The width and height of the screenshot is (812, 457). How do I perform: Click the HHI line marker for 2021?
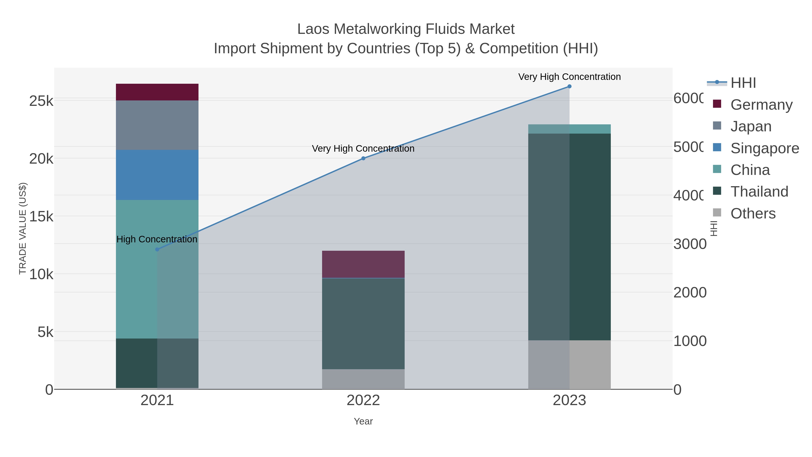click(157, 249)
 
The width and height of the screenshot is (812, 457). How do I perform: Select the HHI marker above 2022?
click(363, 158)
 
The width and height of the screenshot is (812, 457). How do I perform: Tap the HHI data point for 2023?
click(569, 86)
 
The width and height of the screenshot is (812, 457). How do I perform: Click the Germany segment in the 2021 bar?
click(157, 92)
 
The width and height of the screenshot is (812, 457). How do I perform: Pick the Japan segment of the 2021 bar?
click(157, 125)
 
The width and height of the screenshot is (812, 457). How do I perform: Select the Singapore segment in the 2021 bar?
click(157, 175)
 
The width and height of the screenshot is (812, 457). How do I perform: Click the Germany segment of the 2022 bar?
click(363, 264)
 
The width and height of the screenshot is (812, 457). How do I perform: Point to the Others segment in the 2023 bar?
click(569, 365)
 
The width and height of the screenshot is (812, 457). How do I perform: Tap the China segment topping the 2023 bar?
click(569, 129)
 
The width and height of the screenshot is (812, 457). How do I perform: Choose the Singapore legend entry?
click(764, 148)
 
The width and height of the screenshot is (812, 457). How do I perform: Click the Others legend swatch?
click(717, 213)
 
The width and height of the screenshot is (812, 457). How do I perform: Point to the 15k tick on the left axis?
click(41, 217)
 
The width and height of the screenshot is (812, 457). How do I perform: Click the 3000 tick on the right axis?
click(690, 244)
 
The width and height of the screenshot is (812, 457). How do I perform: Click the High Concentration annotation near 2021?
click(157, 239)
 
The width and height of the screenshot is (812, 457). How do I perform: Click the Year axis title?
click(363, 421)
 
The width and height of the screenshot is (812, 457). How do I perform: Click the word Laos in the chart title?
click(313, 29)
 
